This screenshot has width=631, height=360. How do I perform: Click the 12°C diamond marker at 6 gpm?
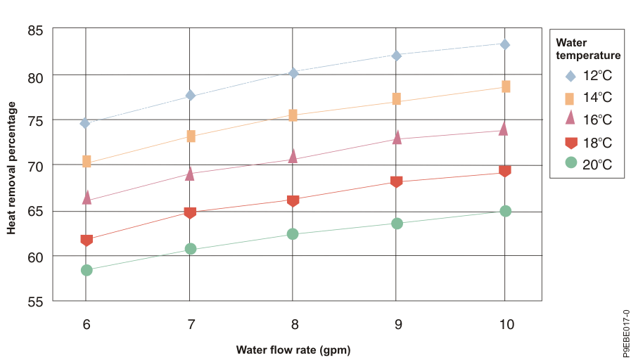point(85,123)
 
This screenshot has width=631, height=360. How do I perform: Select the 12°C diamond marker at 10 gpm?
point(504,44)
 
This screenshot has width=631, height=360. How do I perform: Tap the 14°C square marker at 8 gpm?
point(293,115)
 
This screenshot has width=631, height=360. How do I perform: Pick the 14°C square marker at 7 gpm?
point(190,136)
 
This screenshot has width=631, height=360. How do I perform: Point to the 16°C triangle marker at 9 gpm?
point(397,137)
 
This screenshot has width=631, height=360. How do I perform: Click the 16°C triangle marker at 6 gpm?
point(87,198)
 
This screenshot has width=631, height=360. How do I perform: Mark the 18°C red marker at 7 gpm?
point(190,212)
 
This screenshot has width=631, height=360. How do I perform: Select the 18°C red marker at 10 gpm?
point(504,171)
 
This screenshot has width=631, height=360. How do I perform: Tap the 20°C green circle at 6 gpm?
point(87,270)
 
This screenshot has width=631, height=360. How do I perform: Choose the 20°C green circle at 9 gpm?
point(397,224)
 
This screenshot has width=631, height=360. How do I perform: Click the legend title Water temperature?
point(587,49)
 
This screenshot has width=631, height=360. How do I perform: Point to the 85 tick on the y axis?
point(35,30)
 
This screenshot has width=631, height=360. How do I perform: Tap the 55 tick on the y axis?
point(35,302)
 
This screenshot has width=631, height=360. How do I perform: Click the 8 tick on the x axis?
point(294,324)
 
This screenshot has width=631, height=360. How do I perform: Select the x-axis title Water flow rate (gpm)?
point(293,349)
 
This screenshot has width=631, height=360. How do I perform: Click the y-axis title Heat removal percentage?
point(11,167)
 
